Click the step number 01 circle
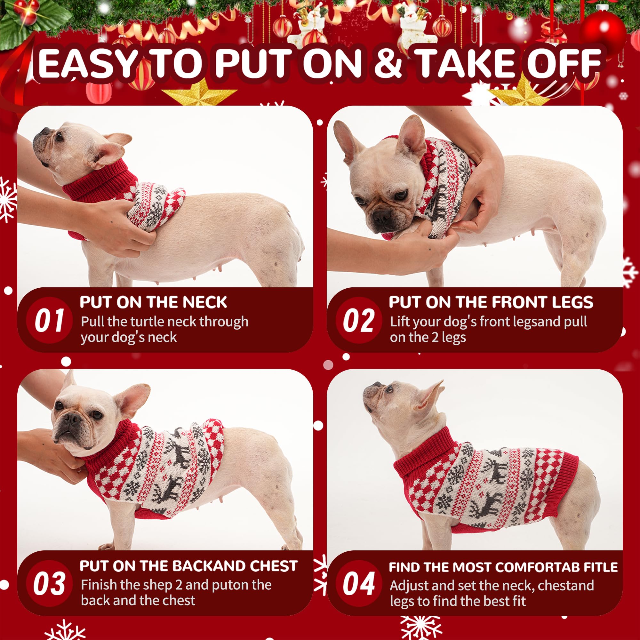(49, 320)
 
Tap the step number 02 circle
(358, 320)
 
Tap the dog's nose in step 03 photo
(71, 418)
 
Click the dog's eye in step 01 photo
(59, 137)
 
